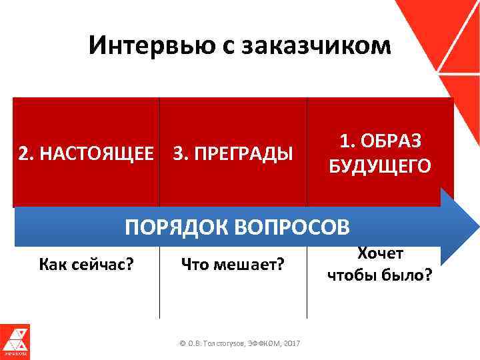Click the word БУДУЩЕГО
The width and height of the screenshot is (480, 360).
tap(380, 166)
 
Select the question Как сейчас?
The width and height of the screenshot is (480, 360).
tap(87, 265)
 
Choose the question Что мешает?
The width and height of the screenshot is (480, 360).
tap(233, 265)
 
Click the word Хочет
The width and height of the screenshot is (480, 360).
tap(379, 253)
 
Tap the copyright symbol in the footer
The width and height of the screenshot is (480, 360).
tap(183, 343)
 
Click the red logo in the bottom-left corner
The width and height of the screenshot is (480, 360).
tap(15, 342)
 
